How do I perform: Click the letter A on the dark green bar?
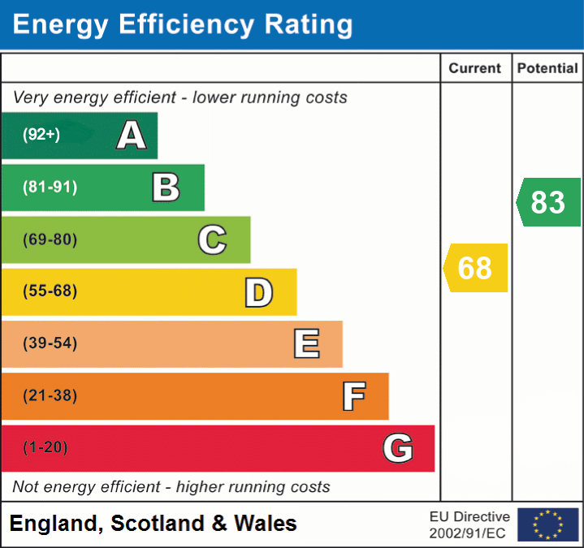(132, 136)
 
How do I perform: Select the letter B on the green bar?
(166, 188)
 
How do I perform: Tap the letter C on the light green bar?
(212, 240)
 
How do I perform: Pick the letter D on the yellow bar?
(258, 292)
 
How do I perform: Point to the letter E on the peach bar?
(306, 344)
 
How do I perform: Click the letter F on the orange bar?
(353, 396)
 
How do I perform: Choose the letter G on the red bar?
(398, 448)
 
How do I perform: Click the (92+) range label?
(41, 135)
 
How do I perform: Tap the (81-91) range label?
(50, 188)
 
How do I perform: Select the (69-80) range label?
(50, 239)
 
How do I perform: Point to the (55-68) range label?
(50, 291)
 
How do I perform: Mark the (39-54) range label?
(50, 343)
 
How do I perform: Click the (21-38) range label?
(50, 396)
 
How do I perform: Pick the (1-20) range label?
(45, 447)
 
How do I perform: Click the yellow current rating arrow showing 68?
(475, 268)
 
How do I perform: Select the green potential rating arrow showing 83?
(548, 202)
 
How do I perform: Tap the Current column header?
(475, 69)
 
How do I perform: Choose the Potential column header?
(547, 69)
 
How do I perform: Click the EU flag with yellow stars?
(547, 524)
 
